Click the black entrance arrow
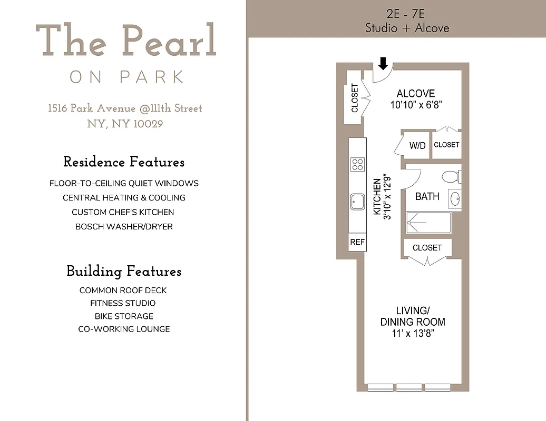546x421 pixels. point(383,64)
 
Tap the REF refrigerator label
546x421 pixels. point(357,242)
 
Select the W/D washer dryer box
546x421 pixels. point(417,145)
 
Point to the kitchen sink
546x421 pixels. point(357,201)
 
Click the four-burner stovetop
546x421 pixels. point(357,164)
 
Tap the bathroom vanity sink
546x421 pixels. point(455,199)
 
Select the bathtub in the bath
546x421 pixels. point(428,223)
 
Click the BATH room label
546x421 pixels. point(427,196)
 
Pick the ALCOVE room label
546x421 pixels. point(416,94)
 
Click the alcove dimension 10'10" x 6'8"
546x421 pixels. point(415,105)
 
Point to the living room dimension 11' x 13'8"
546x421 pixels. point(413,334)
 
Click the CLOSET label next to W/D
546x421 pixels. point(446,145)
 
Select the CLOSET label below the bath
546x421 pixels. point(427,247)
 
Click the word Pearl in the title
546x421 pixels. point(170,41)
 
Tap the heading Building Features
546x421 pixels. point(124,272)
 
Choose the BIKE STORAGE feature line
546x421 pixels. point(124,316)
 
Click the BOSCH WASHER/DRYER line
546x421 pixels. point(124,227)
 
